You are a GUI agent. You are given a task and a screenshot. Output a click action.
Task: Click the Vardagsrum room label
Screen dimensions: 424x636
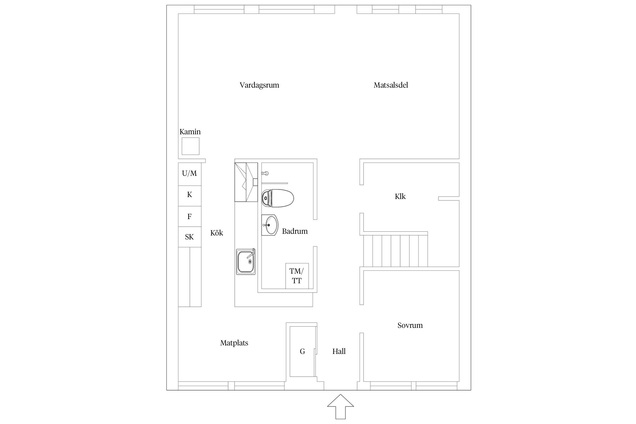(259, 85)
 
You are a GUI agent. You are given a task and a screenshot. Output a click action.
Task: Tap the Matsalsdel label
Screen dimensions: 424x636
(391, 85)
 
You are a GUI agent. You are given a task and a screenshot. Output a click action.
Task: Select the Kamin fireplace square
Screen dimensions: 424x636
(190, 146)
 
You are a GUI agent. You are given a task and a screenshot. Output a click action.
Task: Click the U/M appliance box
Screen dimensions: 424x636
(189, 173)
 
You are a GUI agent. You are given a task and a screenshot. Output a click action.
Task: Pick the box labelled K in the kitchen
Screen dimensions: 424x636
(189, 195)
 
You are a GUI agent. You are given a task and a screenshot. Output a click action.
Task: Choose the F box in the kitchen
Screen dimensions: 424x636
(189, 217)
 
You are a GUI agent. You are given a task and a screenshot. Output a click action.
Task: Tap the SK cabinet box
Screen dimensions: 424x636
(189, 237)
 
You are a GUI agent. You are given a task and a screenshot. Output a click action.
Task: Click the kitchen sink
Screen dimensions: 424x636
(246, 261)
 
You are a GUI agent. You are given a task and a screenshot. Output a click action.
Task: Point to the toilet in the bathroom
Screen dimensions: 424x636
(278, 198)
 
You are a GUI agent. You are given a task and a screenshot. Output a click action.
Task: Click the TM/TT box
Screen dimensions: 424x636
(297, 276)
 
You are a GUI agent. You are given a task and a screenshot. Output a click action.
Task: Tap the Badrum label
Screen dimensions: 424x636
(295, 231)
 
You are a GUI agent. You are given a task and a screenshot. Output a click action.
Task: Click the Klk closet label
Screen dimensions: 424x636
(400, 196)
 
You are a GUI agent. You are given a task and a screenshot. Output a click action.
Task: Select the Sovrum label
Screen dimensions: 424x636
(410, 325)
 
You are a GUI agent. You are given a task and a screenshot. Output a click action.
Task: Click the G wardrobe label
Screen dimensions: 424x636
(302, 351)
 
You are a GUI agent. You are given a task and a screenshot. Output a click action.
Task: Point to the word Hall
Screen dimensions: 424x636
(339, 351)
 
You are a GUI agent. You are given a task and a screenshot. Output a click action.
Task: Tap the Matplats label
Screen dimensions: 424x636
(234, 343)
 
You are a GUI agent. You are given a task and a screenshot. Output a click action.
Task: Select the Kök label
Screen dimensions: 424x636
(217, 233)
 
